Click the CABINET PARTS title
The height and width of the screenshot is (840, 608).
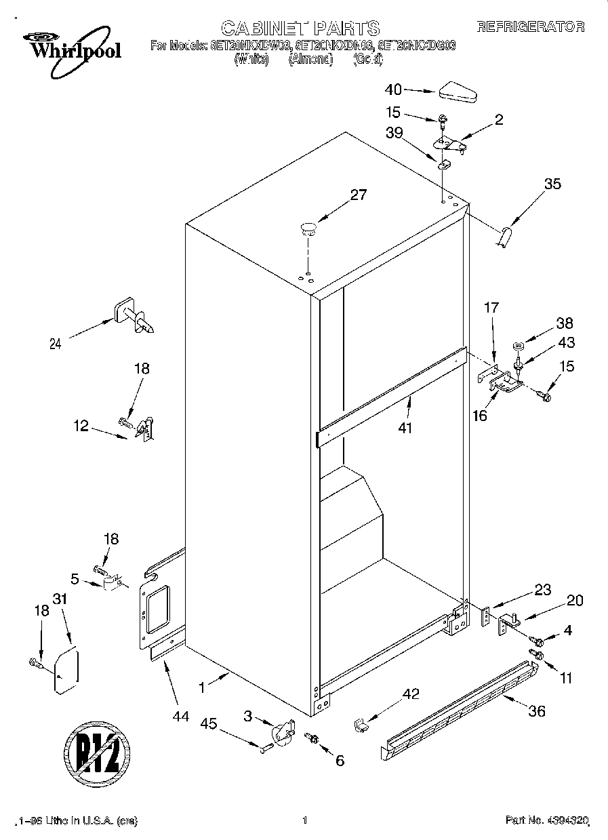pyautogui.click(x=300, y=28)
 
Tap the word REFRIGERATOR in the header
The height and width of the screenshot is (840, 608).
pyautogui.click(x=530, y=27)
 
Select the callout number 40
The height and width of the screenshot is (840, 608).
pyautogui.click(x=393, y=89)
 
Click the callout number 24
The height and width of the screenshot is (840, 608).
pyautogui.click(x=55, y=344)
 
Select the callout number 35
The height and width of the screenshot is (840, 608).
pyautogui.click(x=552, y=183)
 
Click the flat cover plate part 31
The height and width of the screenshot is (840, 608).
pyautogui.click(x=66, y=671)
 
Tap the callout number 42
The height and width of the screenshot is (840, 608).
pyautogui.click(x=411, y=694)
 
